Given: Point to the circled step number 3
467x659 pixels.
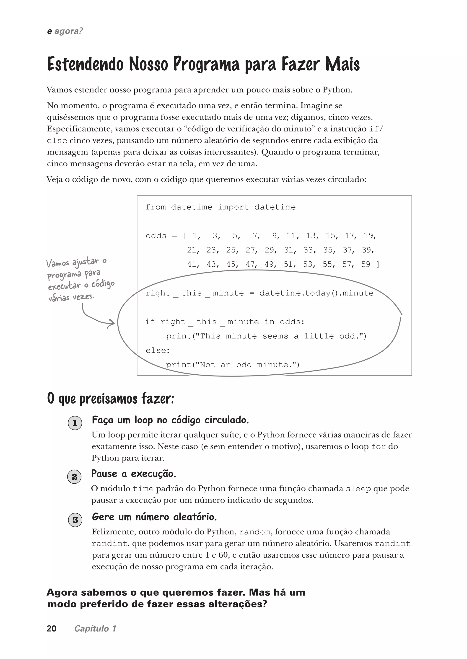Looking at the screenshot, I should pyautogui.click(x=75, y=520).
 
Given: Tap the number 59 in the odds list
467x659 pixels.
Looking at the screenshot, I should pyautogui.click(x=366, y=264).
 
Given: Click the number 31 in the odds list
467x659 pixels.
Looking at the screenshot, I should pyautogui.click(x=288, y=250).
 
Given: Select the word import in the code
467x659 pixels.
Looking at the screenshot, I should pyautogui.click(x=233, y=207).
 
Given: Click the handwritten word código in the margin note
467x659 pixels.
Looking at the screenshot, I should pyautogui.click(x=103, y=284).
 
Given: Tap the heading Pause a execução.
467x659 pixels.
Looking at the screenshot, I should pyautogui.click(x=133, y=474).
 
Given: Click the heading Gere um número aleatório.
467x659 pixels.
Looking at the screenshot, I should pyautogui.click(x=154, y=517).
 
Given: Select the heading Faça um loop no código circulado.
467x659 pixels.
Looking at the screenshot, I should pyautogui.click(x=170, y=420).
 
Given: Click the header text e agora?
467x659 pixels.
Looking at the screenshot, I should pyautogui.click(x=65, y=31).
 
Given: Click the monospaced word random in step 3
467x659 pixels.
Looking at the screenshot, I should pyautogui.click(x=254, y=532).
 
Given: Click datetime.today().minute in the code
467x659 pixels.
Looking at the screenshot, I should pyautogui.click(x=316, y=293).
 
